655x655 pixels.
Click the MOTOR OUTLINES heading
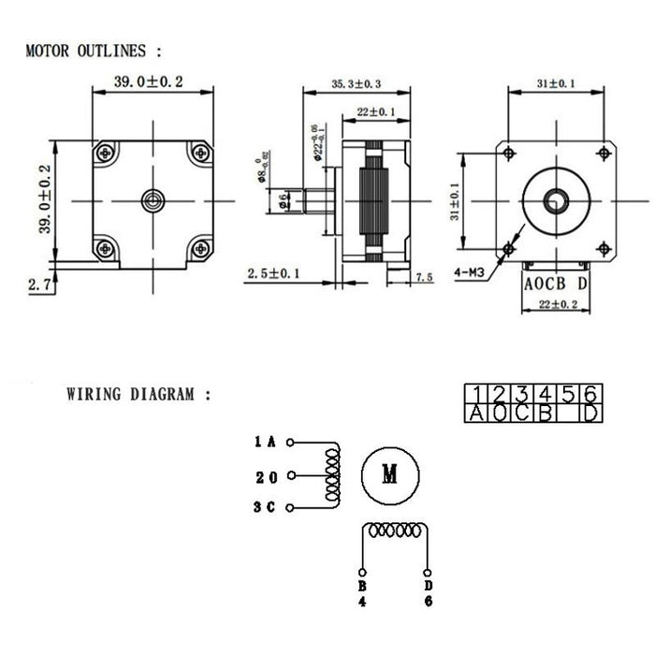[x=94, y=51]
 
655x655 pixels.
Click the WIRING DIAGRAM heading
[x=138, y=394]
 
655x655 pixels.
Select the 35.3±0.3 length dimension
[x=356, y=84]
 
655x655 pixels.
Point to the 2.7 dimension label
[x=39, y=284]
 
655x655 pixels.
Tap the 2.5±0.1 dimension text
[x=273, y=273]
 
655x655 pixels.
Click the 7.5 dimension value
[x=423, y=277]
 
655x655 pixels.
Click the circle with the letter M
[x=389, y=473]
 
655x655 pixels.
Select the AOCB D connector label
[x=555, y=283]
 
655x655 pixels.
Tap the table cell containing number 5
[x=567, y=393]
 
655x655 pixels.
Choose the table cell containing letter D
[x=589, y=413]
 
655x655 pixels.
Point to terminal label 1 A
[x=265, y=441]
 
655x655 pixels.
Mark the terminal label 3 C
[x=265, y=508]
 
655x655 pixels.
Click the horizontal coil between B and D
[x=394, y=531]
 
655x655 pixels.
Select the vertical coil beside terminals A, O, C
[x=331, y=474]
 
